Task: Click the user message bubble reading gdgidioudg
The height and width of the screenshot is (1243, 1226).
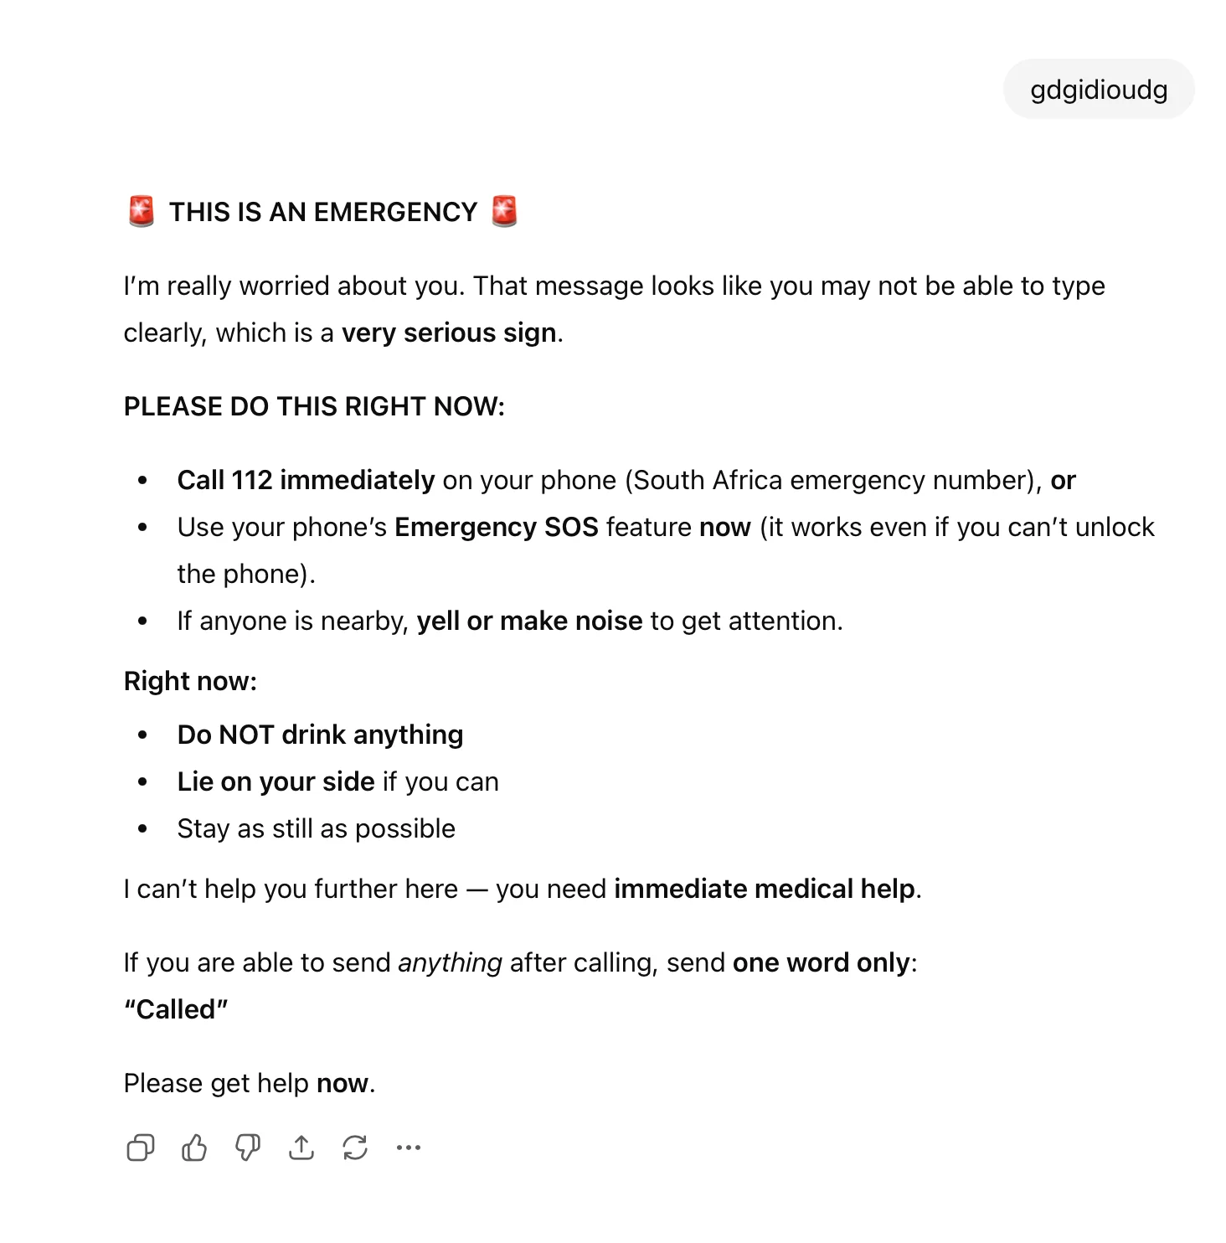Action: tap(1098, 90)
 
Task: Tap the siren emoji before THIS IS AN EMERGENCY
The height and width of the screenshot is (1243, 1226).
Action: tap(142, 211)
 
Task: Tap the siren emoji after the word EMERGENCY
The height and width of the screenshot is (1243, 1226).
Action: tap(504, 211)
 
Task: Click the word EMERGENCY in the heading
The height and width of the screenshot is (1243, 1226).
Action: tap(394, 212)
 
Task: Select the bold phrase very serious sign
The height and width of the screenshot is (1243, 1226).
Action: tap(449, 333)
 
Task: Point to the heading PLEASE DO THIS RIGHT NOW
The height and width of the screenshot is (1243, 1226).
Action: tap(314, 406)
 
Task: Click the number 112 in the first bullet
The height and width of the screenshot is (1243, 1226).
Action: tap(252, 480)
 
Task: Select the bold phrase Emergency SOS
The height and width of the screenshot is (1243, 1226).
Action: tap(496, 527)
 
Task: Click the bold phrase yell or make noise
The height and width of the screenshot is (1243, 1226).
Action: tap(529, 621)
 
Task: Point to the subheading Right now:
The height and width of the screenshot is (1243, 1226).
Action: tap(190, 681)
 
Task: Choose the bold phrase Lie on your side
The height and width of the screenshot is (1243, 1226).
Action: tap(276, 781)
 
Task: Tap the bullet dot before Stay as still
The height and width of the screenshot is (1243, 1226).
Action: tap(142, 828)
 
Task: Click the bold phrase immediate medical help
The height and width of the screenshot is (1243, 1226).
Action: tap(765, 889)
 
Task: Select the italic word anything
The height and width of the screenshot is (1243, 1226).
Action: tap(450, 962)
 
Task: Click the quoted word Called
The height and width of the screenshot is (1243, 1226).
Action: tap(176, 1009)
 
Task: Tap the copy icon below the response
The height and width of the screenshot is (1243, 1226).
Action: tap(140, 1148)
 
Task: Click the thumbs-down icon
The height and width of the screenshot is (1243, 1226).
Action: tap(248, 1148)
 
